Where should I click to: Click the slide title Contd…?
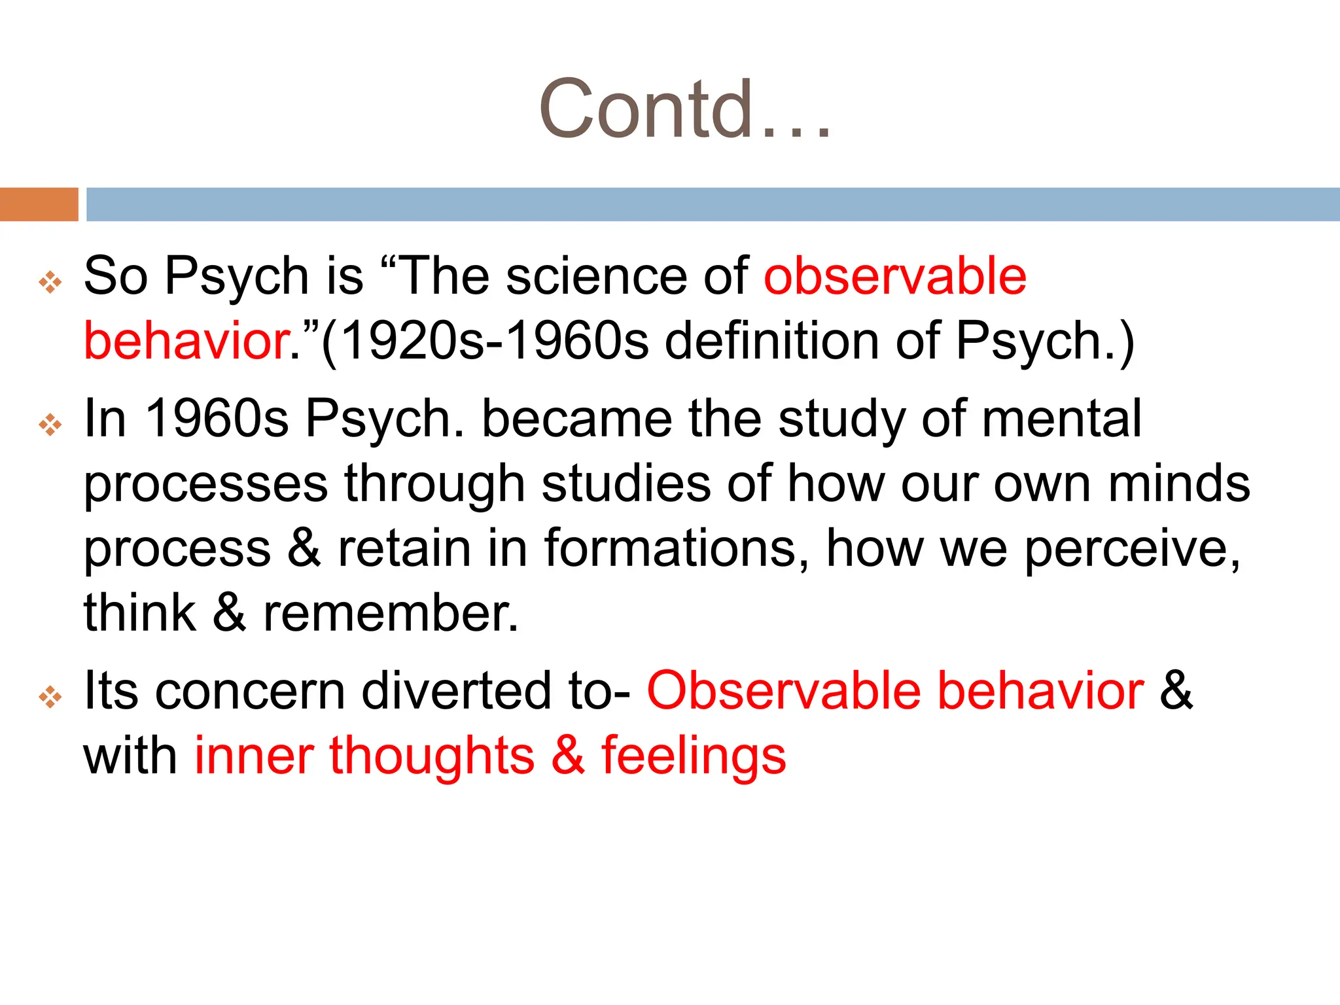coord(684,109)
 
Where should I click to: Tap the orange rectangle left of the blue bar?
coord(39,204)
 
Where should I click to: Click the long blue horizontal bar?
coord(713,204)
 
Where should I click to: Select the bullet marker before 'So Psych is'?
coord(50,283)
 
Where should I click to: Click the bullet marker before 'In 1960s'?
coord(50,425)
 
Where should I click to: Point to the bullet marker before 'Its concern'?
coord(50,697)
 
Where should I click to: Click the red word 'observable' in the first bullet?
coord(895,276)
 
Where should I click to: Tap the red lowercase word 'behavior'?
coord(186,341)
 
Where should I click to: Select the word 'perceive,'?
coord(1132,550)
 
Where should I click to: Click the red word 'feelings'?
coord(694,756)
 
